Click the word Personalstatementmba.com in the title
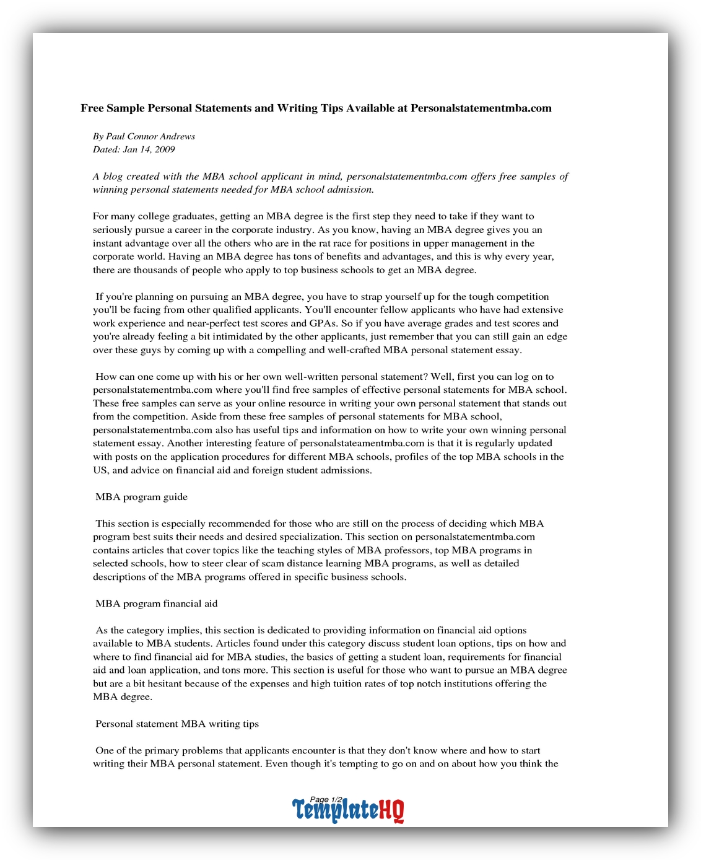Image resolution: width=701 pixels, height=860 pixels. pos(481,108)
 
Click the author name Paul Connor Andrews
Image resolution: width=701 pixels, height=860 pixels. pos(150,136)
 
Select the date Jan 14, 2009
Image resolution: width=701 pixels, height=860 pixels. pos(149,149)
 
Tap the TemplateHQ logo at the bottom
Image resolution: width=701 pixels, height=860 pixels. pos(348,810)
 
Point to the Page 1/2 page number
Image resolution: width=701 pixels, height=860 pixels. pos(326,799)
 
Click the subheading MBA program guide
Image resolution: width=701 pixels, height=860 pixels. pos(141,497)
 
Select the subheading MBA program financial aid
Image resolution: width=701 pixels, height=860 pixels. pos(157,603)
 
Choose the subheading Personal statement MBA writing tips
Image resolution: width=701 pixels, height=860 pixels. pos(177,724)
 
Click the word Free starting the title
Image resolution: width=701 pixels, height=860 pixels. pos(92,108)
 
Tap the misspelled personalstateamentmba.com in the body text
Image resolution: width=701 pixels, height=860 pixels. pos(362,443)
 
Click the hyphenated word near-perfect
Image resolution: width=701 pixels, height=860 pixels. pos(214,323)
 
